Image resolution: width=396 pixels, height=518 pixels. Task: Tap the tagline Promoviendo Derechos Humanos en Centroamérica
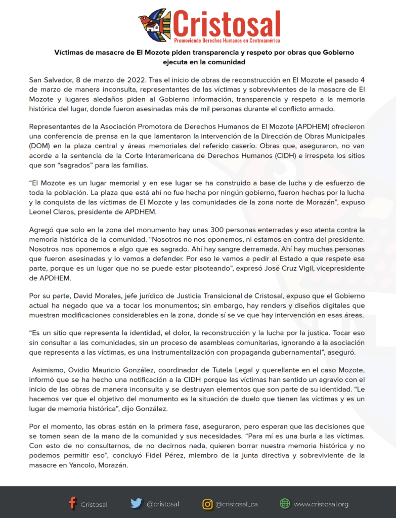pyautogui.click(x=227, y=40)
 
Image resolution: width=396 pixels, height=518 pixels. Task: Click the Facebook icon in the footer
pyautogui.click(x=73, y=503)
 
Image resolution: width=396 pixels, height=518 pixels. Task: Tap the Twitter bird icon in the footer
pyautogui.click(x=136, y=503)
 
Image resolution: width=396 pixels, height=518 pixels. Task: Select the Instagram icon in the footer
pyautogui.click(x=207, y=504)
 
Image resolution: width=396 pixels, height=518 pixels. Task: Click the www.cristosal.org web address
pyautogui.click(x=321, y=504)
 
